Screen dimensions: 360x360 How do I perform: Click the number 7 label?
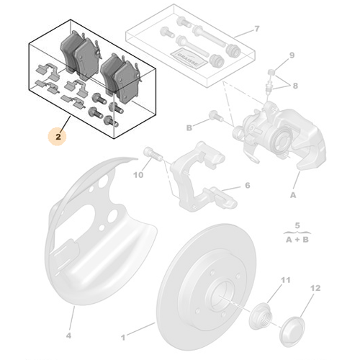pos(256,30)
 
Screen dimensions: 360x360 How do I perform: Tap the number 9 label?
pos(292,55)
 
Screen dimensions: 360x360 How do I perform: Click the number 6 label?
pos(247,186)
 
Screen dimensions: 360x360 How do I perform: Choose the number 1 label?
pos(123,336)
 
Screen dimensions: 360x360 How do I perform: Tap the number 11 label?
pos(285,279)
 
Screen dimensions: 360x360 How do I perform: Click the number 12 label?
pos(313,288)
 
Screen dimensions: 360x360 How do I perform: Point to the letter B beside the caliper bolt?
pos(189,128)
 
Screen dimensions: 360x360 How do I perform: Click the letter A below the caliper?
pos(293,194)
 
